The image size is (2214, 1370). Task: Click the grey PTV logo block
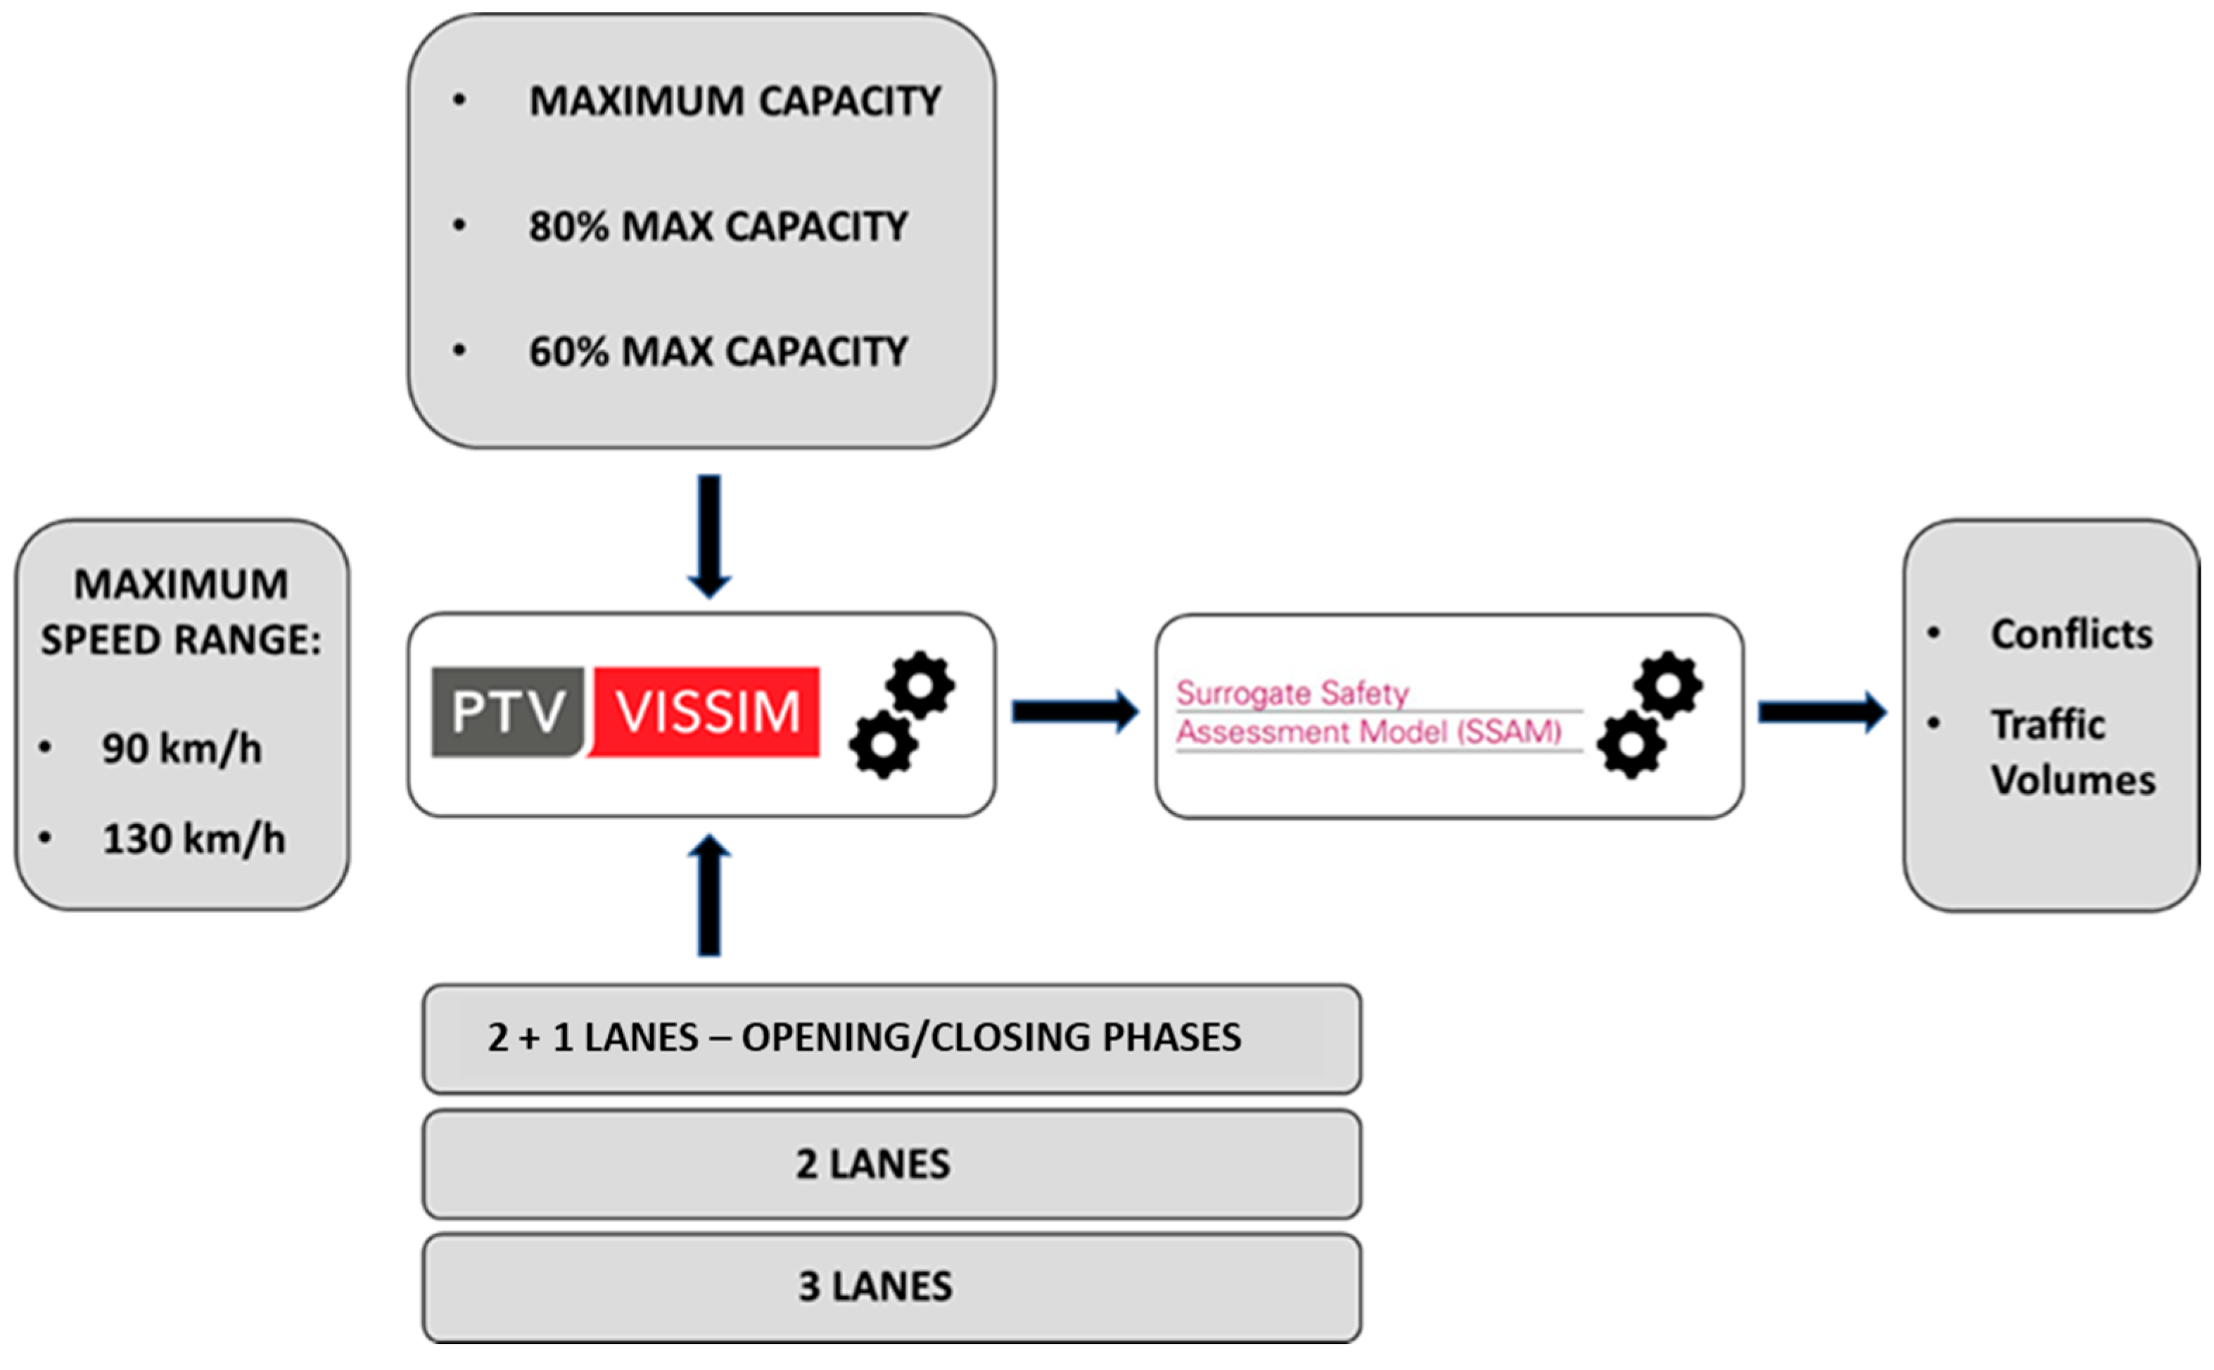tap(507, 711)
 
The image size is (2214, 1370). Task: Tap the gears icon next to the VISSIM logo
tap(901, 714)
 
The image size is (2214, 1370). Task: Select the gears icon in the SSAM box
tap(1650, 714)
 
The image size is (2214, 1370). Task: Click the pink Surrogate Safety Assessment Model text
tap(1368, 713)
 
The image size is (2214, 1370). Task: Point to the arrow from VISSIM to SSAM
tap(1074, 711)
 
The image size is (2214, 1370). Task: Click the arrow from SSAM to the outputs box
tap(1821, 711)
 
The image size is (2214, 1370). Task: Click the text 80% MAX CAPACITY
tap(718, 227)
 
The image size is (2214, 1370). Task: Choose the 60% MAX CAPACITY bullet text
tap(718, 352)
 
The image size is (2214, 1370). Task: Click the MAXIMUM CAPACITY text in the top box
tap(734, 101)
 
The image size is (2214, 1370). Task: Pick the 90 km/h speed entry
tap(182, 749)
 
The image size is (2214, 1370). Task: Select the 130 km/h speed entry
tap(193, 839)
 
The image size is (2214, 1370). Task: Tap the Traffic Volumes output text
tap(2071, 752)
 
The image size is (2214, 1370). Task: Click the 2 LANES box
tap(891, 1165)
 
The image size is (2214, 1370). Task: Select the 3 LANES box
tap(891, 1287)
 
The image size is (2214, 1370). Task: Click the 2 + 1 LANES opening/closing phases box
tap(891, 1037)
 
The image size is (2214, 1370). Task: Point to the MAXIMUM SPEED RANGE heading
tap(182, 611)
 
